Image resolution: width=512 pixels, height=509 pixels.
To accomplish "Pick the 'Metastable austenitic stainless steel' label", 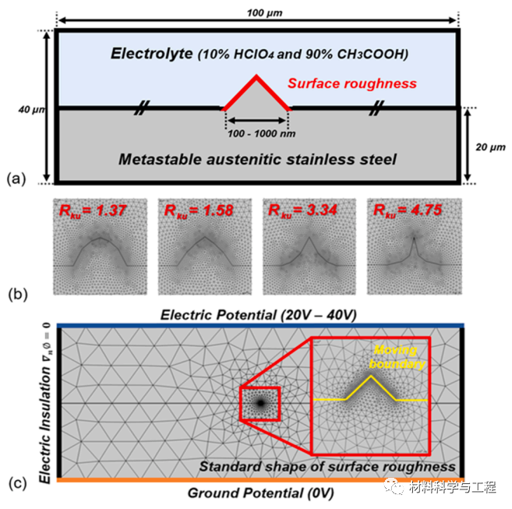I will [257, 161].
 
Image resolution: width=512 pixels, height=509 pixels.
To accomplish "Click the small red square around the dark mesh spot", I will [259, 403].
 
